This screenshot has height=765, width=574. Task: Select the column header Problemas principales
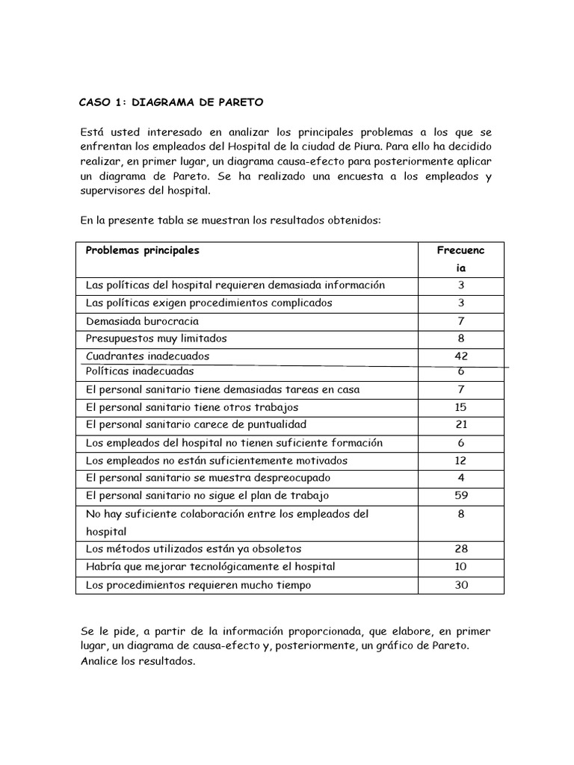[x=143, y=251]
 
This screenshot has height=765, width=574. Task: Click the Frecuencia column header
[x=460, y=259]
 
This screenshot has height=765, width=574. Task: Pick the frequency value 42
[x=460, y=356]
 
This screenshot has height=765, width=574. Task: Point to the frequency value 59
[x=460, y=495]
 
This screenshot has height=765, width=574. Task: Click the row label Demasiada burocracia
[x=142, y=321]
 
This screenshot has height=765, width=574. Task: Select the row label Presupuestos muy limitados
[x=156, y=338]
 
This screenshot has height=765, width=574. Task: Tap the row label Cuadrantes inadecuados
[x=147, y=356]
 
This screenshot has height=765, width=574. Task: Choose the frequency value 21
[x=460, y=425]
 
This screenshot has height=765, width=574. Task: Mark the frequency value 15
[x=460, y=407]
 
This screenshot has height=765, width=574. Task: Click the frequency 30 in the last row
[x=460, y=585]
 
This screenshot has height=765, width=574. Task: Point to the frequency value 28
[x=460, y=549]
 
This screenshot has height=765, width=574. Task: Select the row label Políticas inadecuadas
[x=140, y=371]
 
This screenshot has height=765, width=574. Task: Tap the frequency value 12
[x=460, y=460]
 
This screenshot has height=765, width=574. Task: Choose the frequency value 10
[x=460, y=567]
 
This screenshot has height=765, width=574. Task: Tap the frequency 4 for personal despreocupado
[x=460, y=477]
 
